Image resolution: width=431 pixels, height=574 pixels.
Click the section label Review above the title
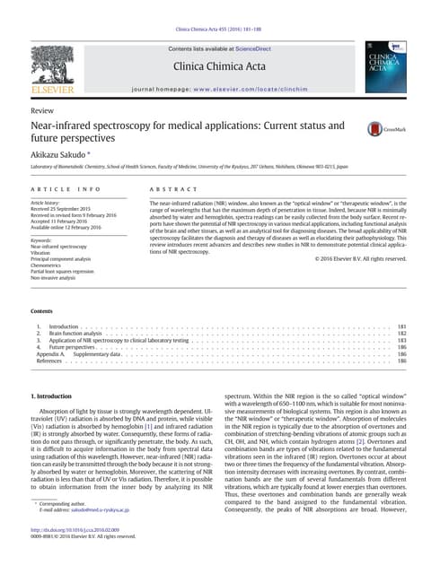[42, 109]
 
